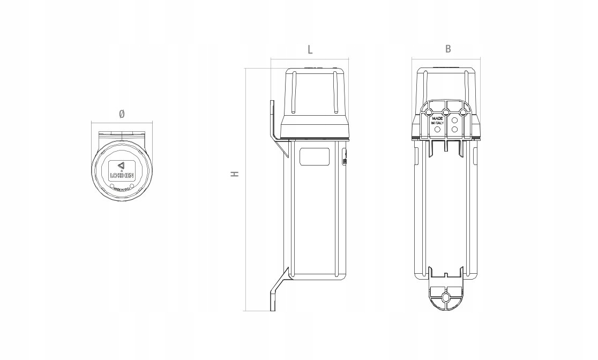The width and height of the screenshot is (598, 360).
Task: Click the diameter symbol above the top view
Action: [122, 114]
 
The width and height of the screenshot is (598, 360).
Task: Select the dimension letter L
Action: [310, 50]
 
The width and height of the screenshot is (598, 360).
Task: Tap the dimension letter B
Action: [448, 49]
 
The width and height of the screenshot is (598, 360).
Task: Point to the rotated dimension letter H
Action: [235, 174]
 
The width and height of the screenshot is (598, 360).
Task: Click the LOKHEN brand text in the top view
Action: [122, 175]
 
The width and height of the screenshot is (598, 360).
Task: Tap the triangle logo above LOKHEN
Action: [121, 166]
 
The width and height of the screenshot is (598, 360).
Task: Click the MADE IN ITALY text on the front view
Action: [438, 121]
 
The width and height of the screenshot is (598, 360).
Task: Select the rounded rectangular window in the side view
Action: [315, 157]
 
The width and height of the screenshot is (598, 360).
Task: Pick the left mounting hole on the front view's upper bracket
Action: [428, 112]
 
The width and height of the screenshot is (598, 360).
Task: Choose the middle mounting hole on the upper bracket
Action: [446, 112]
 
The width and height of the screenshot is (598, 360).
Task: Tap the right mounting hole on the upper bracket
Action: [464, 112]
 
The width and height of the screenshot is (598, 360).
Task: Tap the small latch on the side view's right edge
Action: [344, 160]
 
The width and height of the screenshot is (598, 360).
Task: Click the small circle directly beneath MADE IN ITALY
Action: [437, 130]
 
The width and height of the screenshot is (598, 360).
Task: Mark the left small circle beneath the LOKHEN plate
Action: [113, 186]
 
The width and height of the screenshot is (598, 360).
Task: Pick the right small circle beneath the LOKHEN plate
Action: [131, 186]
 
